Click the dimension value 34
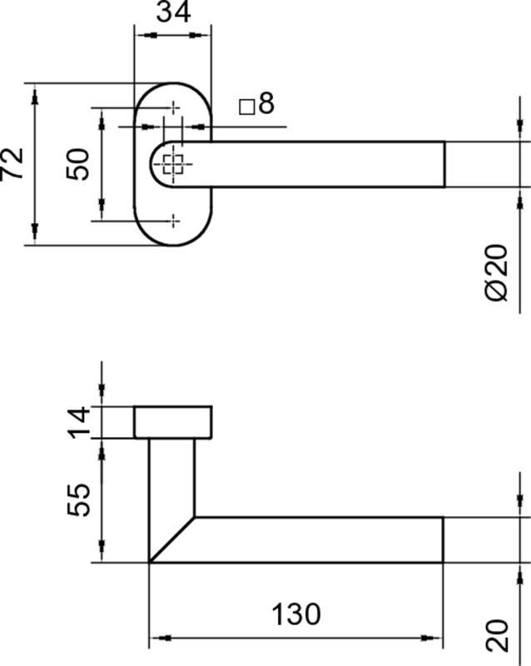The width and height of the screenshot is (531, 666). click(174, 12)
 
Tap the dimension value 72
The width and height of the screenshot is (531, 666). click(12, 164)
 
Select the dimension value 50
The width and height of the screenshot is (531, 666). click(78, 164)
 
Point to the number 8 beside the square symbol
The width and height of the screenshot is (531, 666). click(266, 102)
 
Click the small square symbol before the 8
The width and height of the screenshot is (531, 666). click(247, 107)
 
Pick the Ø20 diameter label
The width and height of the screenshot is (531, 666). click(496, 272)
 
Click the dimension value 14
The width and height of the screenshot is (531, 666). click(79, 422)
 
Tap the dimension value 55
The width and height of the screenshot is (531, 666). click(79, 500)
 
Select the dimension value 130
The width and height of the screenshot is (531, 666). click(296, 614)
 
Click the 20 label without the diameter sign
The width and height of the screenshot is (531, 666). click(497, 636)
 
